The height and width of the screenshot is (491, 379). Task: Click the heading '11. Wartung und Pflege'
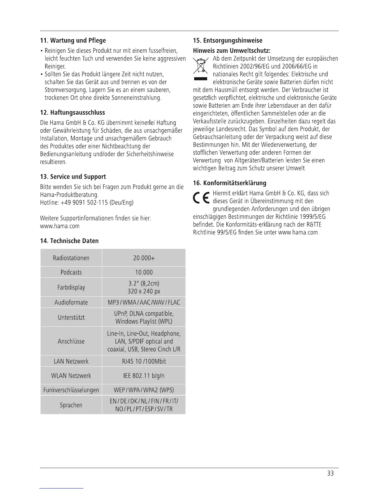(x=73, y=41)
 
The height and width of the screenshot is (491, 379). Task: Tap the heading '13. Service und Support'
(x=73, y=177)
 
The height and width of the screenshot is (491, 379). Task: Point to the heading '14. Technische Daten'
(x=69, y=241)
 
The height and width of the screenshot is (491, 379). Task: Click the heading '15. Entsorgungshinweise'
(x=228, y=41)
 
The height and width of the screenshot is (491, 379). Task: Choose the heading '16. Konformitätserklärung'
(x=229, y=183)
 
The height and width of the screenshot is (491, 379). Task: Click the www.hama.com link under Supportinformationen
(x=60, y=226)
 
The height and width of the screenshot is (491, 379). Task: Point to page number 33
(x=330, y=473)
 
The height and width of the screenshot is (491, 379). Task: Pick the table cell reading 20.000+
(x=144, y=258)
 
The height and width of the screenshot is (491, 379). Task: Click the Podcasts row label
(x=71, y=272)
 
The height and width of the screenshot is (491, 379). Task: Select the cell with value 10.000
(x=144, y=272)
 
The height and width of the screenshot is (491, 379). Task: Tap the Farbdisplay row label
(x=71, y=287)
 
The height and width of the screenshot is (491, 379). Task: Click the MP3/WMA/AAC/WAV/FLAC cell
(x=144, y=302)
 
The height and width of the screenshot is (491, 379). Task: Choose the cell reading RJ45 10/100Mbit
(x=144, y=361)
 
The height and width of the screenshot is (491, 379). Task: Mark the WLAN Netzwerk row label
(x=71, y=376)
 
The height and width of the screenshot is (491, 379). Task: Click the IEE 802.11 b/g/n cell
(x=144, y=376)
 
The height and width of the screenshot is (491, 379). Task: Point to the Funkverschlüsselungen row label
(x=71, y=390)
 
